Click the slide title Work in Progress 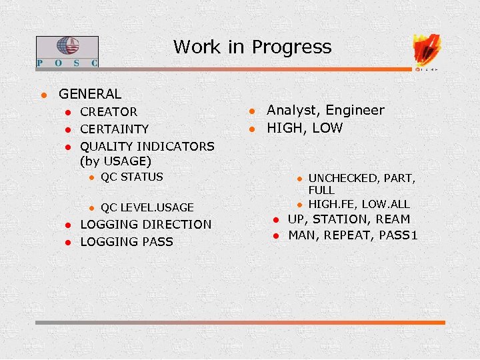[x=252, y=47]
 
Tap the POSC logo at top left [x=67, y=51]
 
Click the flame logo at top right [x=427, y=49]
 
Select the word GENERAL [x=90, y=95]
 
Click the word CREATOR [x=109, y=112]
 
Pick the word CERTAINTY [x=114, y=129]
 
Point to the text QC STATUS [x=131, y=177]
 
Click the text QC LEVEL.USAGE [x=147, y=207]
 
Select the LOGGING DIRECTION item [x=145, y=225]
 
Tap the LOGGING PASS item [x=126, y=242]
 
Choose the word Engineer [x=355, y=111]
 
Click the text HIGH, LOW [x=305, y=128]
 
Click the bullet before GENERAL [x=43, y=95]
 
